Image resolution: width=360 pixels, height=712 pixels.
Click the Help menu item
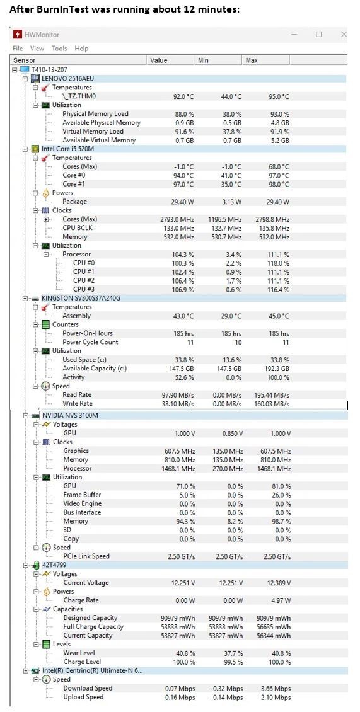(x=81, y=49)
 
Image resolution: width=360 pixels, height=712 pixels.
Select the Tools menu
(x=59, y=49)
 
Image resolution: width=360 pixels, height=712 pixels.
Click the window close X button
(x=344, y=34)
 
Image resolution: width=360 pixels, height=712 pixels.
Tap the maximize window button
(x=318, y=34)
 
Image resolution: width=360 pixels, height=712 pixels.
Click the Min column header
(x=202, y=60)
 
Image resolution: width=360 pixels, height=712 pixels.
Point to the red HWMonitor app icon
(x=18, y=35)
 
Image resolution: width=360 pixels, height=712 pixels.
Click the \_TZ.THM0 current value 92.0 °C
(x=183, y=96)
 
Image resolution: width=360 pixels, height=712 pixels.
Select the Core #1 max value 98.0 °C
(x=279, y=184)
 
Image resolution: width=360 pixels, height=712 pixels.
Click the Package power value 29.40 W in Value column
(x=182, y=202)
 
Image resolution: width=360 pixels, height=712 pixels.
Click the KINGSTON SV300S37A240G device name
(x=81, y=298)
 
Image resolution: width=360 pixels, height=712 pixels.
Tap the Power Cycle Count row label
(x=90, y=342)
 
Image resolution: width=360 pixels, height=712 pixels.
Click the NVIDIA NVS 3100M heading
(x=70, y=415)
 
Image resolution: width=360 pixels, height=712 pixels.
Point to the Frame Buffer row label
(x=82, y=495)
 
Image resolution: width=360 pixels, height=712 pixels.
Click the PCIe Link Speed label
(x=86, y=556)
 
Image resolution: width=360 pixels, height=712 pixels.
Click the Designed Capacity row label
(x=90, y=617)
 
